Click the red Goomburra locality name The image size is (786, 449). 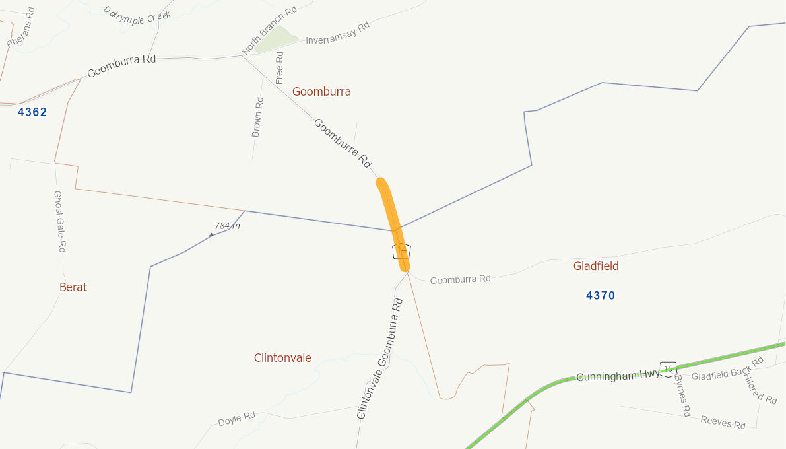pyautogui.click(x=321, y=92)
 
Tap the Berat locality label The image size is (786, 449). pyautogui.click(x=73, y=287)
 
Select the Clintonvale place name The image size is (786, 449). pyautogui.click(x=282, y=358)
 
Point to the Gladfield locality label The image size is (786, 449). pyautogui.click(x=596, y=266)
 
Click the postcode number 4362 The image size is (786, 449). pyautogui.click(x=32, y=112)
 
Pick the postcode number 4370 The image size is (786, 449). pyautogui.click(x=601, y=296)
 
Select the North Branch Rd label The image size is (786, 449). pyautogui.click(x=269, y=31)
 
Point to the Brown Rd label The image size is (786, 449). pyautogui.click(x=258, y=117)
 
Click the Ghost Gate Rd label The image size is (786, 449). pyautogui.click(x=59, y=222)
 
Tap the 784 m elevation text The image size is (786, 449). pyautogui.click(x=227, y=226)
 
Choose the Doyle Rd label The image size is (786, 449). pyautogui.click(x=236, y=419)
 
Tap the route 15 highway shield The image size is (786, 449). pyautogui.click(x=668, y=368)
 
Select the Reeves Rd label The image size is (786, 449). pyautogui.click(x=723, y=422)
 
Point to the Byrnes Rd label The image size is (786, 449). pyautogui.click(x=682, y=397)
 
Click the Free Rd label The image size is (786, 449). pyautogui.click(x=279, y=67)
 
